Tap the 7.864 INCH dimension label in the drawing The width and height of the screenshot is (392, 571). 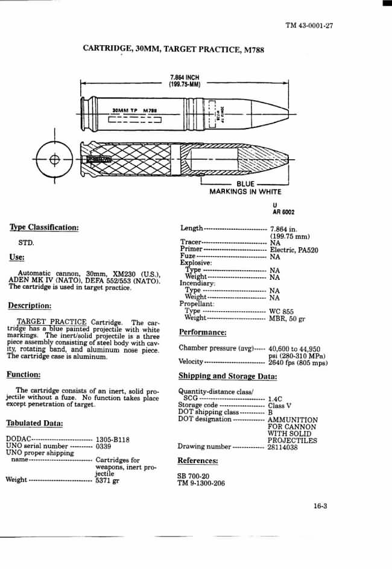coord(185,78)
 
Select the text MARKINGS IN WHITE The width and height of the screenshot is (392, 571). coord(245,192)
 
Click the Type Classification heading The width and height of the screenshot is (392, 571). coord(44,227)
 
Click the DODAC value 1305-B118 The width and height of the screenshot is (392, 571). coord(113,440)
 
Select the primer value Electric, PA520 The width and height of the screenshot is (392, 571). coord(294,250)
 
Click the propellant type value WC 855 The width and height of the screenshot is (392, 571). coord(281,311)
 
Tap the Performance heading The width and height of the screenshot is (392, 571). coord(203,332)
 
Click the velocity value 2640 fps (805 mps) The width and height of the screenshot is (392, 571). coord(298,362)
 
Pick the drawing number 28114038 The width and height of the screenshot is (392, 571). coord(283,447)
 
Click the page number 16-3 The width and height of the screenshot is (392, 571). coord(320,506)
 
